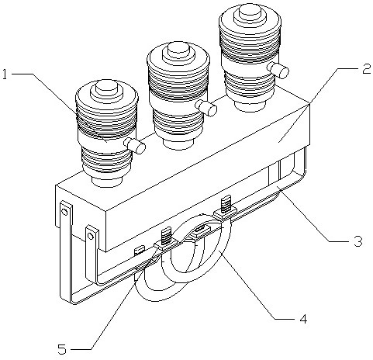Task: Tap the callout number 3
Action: [x=358, y=241]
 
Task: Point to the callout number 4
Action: [x=303, y=319]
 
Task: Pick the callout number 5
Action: [x=62, y=349]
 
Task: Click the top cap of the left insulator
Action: [x=107, y=88]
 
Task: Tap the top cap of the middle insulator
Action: [x=178, y=52]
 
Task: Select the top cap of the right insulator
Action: [x=250, y=13]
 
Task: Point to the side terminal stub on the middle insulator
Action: [x=206, y=108]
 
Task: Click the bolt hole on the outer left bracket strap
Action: [x=64, y=213]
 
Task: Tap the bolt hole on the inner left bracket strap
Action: [x=90, y=236]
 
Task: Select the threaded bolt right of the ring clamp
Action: [x=225, y=204]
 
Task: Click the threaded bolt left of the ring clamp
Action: [x=166, y=236]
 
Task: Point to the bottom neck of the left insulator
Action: [x=107, y=181]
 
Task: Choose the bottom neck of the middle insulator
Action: [x=178, y=144]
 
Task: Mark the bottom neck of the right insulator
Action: [x=250, y=106]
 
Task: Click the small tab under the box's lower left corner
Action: [x=139, y=251]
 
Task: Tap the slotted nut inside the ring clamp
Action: [x=201, y=229]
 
